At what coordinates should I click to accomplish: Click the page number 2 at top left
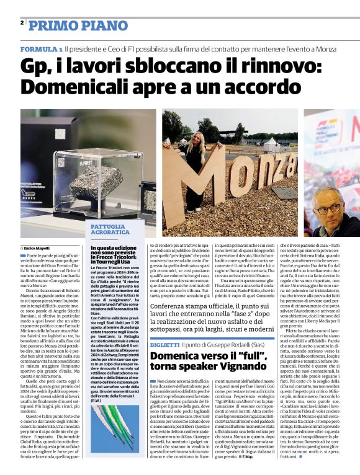tap(22, 23)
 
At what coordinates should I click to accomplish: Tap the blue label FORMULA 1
tap(40, 48)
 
